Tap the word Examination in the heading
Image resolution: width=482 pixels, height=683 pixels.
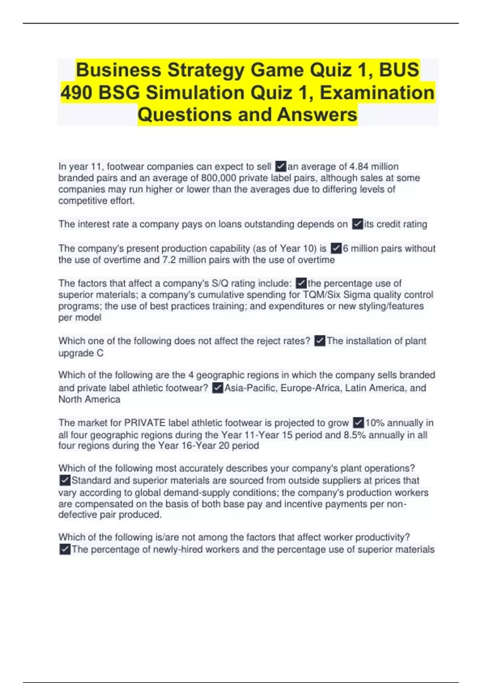click(377, 93)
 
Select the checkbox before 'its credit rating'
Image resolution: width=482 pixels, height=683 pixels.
click(357, 224)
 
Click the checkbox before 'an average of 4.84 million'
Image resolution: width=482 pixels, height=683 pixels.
click(281, 166)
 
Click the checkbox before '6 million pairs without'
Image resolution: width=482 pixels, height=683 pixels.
click(336, 249)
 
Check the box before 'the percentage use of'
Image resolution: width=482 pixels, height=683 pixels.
click(301, 284)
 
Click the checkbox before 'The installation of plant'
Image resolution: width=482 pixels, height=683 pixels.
click(320, 341)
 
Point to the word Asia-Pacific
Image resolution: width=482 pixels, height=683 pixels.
click(250, 388)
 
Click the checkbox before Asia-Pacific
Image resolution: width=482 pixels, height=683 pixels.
click(217, 388)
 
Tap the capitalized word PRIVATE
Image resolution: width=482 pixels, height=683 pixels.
click(145, 423)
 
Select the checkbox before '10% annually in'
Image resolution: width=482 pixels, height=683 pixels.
click(358, 423)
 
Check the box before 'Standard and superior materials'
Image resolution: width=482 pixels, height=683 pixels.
click(65, 481)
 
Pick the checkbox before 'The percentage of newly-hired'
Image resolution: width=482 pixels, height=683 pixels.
click(65, 550)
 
